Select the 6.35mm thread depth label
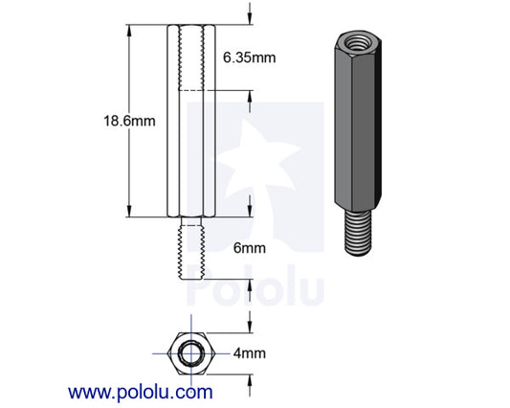point(249,57)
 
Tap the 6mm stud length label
point(250,248)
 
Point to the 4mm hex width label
point(250,352)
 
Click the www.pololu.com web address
point(140,392)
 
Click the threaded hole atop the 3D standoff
point(355,42)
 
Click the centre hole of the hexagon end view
point(192,352)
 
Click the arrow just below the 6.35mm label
point(250,96)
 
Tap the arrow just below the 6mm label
point(250,284)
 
